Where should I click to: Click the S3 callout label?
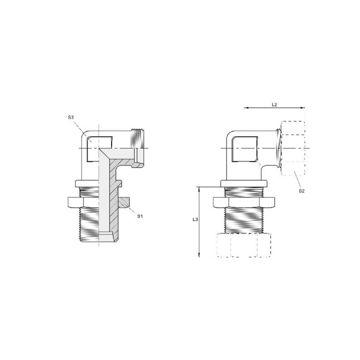[x=71, y=117]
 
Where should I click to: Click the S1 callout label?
[x=140, y=216]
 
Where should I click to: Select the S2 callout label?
[x=301, y=191]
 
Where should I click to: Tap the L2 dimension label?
[x=274, y=104]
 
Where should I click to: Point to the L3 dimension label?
[x=195, y=220]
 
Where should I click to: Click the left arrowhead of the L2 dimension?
[x=245, y=108]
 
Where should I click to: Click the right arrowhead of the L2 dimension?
[x=303, y=108]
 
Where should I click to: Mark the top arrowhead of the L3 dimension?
[x=199, y=189]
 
